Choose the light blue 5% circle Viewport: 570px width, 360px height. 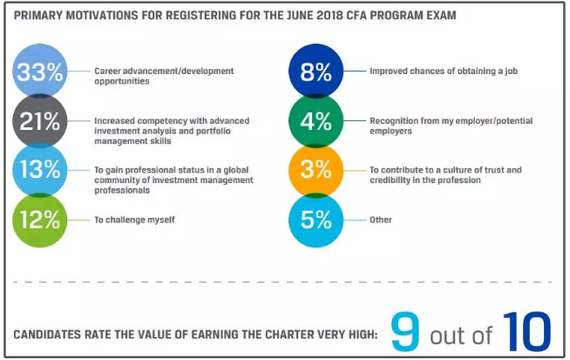[316, 220]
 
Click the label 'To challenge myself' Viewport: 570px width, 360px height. [134, 220]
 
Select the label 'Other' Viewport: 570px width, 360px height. [381, 220]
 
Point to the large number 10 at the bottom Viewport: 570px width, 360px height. [526, 332]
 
